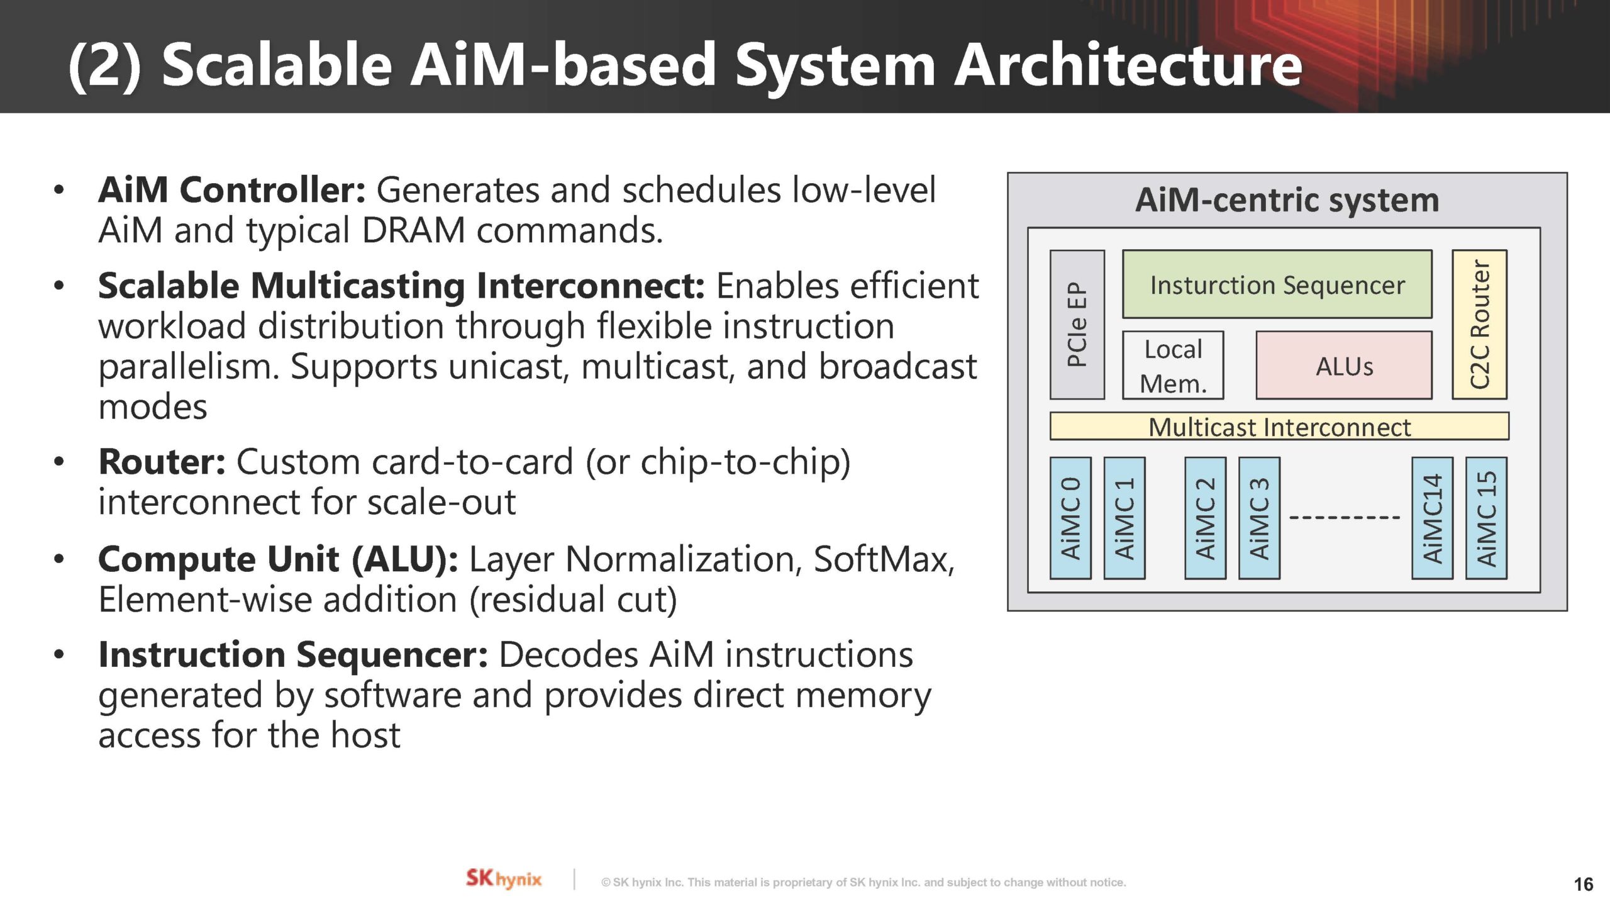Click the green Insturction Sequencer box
(x=1277, y=284)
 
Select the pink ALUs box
(x=1344, y=366)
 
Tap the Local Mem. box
(x=1173, y=366)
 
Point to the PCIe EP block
(x=1077, y=325)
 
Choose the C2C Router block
(x=1479, y=325)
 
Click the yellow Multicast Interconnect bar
(x=1279, y=427)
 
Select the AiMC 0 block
(x=1070, y=518)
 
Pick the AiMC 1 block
(x=1124, y=518)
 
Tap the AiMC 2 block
(x=1205, y=518)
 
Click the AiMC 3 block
(x=1259, y=518)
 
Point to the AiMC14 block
(x=1432, y=518)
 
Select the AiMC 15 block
(x=1486, y=518)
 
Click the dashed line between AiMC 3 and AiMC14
(x=1345, y=517)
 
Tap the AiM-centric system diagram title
(x=1287, y=200)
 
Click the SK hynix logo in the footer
(x=503, y=878)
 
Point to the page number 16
(x=1583, y=884)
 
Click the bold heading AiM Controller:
(x=231, y=190)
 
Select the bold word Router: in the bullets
(x=162, y=462)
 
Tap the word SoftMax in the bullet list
(x=883, y=559)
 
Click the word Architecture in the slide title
(x=1128, y=65)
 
